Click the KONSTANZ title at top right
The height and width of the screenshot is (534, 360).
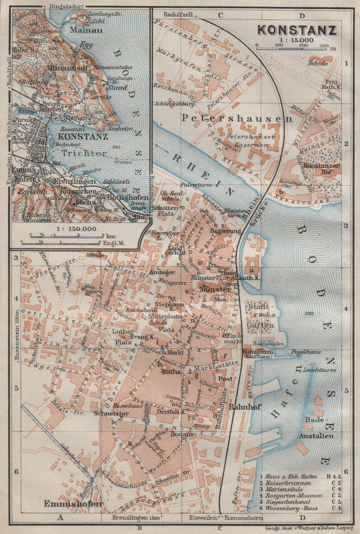pos(297,30)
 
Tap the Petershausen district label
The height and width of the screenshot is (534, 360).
pos(237,118)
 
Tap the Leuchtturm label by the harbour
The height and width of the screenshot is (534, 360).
pos(319,370)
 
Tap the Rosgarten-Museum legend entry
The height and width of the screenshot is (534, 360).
pos(294,496)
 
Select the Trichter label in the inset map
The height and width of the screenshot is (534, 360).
pos(84,153)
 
